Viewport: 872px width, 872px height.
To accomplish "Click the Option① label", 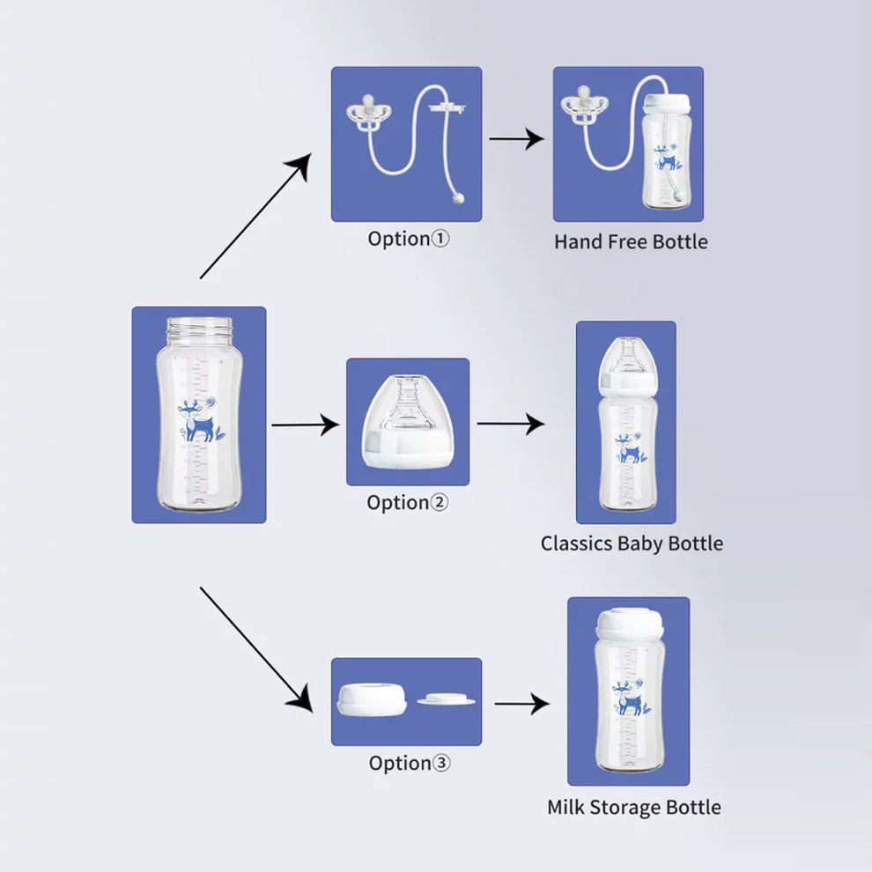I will pyautogui.click(x=408, y=239).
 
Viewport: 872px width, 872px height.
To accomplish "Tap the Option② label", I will pyautogui.click(x=407, y=503).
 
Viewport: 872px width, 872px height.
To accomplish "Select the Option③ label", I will pyautogui.click(x=409, y=763).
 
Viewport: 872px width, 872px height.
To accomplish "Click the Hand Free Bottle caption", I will pyautogui.click(x=630, y=241).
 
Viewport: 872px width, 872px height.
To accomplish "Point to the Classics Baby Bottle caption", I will pyautogui.click(x=632, y=543).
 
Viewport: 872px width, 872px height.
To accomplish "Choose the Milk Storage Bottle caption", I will pyautogui.click(x=633, y=807).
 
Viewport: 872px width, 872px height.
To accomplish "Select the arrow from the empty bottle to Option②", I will pyautogui.click(x=305, y=425).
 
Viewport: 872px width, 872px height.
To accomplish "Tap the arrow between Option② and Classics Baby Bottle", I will pyautogui.click(x=511, y=424).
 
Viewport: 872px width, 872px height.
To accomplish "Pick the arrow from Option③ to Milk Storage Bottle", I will pyautogui.click(x=521, y=704).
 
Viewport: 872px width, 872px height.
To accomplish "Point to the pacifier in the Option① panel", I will pyautogui.click(x=366, y=115).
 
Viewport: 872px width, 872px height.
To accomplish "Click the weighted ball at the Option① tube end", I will pyautogui.click(x=456, y=200).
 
